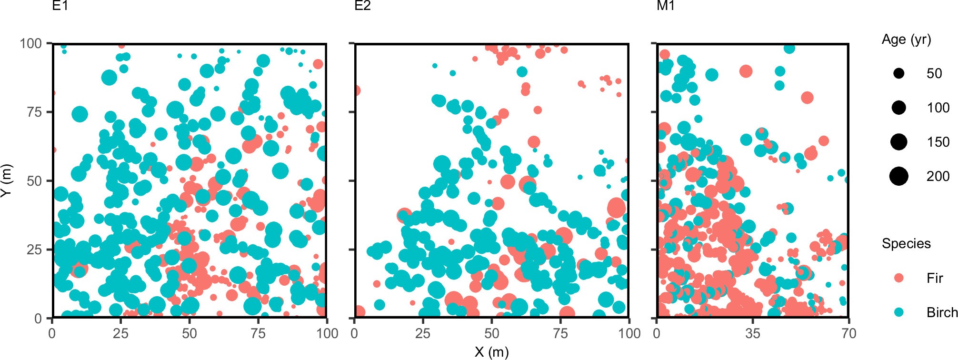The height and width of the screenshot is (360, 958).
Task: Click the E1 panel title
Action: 60,6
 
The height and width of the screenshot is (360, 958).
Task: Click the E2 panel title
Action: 362,6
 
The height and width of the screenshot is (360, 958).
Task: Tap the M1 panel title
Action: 665,6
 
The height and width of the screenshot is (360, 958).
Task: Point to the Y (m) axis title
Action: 6,180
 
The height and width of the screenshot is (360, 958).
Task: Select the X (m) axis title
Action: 491,352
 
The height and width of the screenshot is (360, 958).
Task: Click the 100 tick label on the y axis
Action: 31,44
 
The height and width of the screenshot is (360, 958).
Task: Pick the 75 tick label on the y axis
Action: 34,112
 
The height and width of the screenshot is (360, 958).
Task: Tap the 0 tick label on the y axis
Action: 38,319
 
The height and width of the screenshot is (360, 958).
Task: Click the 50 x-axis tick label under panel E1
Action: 190,333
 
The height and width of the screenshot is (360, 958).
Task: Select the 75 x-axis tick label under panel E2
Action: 560,333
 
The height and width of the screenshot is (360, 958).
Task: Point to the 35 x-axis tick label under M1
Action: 753,333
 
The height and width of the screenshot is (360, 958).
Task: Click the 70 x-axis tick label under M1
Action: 849,333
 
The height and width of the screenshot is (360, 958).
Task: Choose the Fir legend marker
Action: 899,278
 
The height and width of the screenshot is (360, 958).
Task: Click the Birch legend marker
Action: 899,312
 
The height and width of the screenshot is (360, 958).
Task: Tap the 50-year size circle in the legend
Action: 899,73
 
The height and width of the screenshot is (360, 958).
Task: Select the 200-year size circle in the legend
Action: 899,176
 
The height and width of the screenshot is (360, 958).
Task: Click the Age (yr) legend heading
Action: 906,40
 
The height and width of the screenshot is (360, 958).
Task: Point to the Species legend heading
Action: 906,244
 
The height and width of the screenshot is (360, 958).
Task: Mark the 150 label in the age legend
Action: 938,142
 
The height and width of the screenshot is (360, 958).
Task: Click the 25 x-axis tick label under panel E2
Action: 423,333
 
